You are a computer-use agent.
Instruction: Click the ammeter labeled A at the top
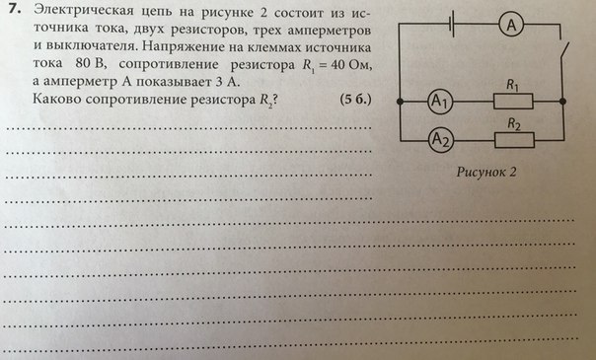[x=511, y=25]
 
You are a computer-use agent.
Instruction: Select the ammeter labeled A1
[x=440, y=102]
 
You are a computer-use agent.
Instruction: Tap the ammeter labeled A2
[x=441, y=140]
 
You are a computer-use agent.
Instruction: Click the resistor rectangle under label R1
[x=513, y=102]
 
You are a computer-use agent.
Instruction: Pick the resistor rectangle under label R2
[x=514, y=140]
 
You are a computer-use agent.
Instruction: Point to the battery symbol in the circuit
[x=451, y=25]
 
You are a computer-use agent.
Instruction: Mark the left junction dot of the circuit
[x=400, y=102]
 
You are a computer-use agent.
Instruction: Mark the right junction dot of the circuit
[x=562, y=102]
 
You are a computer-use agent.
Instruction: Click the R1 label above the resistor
[x=513, y=85]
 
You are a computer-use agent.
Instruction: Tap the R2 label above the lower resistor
[x=514, y=124]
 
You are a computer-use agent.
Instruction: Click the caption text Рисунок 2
[x=486, y=172]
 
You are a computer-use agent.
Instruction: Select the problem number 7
[x=15, y=10]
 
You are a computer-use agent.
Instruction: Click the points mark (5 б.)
[x=355, y=100]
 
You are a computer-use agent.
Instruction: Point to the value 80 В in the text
[x=90, y=63]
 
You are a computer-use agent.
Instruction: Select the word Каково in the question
[x=56, y=99]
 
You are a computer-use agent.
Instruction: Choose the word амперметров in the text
[x=329, y=30]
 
